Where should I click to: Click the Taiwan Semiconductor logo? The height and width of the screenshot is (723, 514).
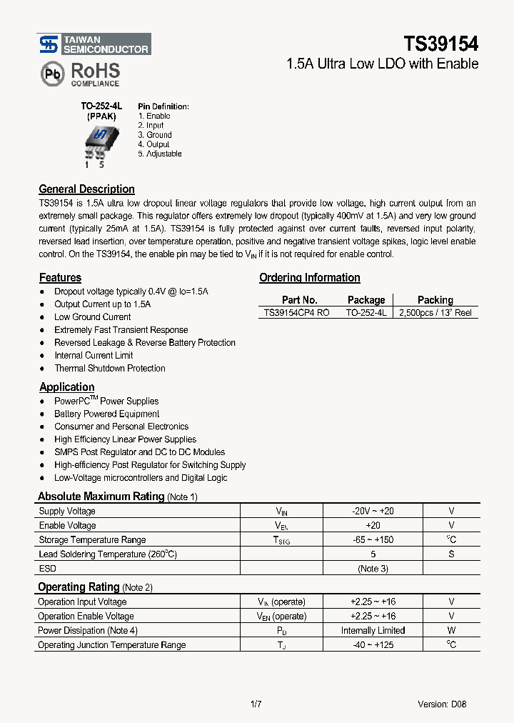[x=94, y=44]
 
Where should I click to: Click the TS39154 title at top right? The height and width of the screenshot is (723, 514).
[x=441, y=44]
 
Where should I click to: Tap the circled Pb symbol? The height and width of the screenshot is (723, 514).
[x=51, y=74]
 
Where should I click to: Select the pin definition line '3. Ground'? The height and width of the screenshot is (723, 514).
[x=155, y=135]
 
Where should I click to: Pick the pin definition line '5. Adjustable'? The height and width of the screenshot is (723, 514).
[x=160, y=154]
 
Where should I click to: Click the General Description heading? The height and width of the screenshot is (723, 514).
[x=86, y=189]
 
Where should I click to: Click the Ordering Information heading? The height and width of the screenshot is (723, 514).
[x=309, y=278]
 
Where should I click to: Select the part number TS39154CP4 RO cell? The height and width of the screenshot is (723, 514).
[x=296, y=313]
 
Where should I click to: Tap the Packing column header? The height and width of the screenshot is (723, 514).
[x=435, y=300]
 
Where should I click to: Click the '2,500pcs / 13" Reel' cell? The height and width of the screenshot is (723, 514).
[x=435, y=313]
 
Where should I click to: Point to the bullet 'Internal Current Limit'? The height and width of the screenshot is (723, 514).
[x=94, y=356]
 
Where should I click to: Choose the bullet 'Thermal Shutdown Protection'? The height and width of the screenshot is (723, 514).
[x=109, y=369]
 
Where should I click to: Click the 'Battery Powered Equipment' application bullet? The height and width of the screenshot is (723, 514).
[x=106, y=414]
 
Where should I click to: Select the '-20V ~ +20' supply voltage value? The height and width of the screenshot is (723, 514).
[x=373, y=512]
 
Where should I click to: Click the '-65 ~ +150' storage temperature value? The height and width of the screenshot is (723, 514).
[x=373, y=540]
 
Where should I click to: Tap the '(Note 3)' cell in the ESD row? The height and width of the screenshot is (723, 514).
[x=373, y=569]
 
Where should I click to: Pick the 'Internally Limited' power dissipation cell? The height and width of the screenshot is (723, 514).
[x=373, y=631]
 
